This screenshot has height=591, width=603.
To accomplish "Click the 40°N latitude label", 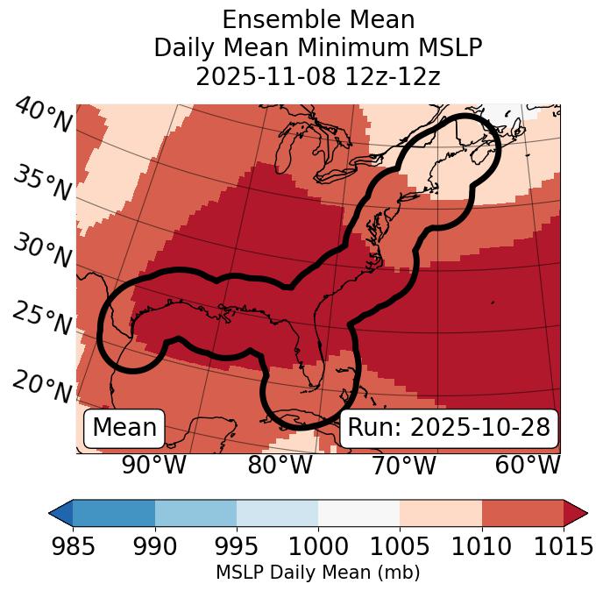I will tap(43, 116).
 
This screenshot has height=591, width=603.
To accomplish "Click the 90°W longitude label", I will tap(153, 465).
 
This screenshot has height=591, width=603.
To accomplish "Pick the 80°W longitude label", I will tap(280, 465).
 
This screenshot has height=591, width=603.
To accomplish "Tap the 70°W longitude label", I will tap(405, 465).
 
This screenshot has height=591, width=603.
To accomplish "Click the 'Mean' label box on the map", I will tap(124, 428).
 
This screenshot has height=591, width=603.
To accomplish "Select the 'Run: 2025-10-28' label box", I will tap(449, 428).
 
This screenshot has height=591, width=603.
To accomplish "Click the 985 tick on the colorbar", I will tap(73, 546).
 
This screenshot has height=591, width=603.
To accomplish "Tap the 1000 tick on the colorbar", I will tap(318, 546).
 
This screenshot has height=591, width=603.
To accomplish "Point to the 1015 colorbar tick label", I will tap(564, 546).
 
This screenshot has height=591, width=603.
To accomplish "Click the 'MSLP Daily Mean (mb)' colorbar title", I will tap(317, 573).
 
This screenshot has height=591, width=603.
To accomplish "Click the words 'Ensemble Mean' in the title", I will tap(318, 19).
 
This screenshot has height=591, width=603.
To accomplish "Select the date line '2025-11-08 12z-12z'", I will tap(318, 76).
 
